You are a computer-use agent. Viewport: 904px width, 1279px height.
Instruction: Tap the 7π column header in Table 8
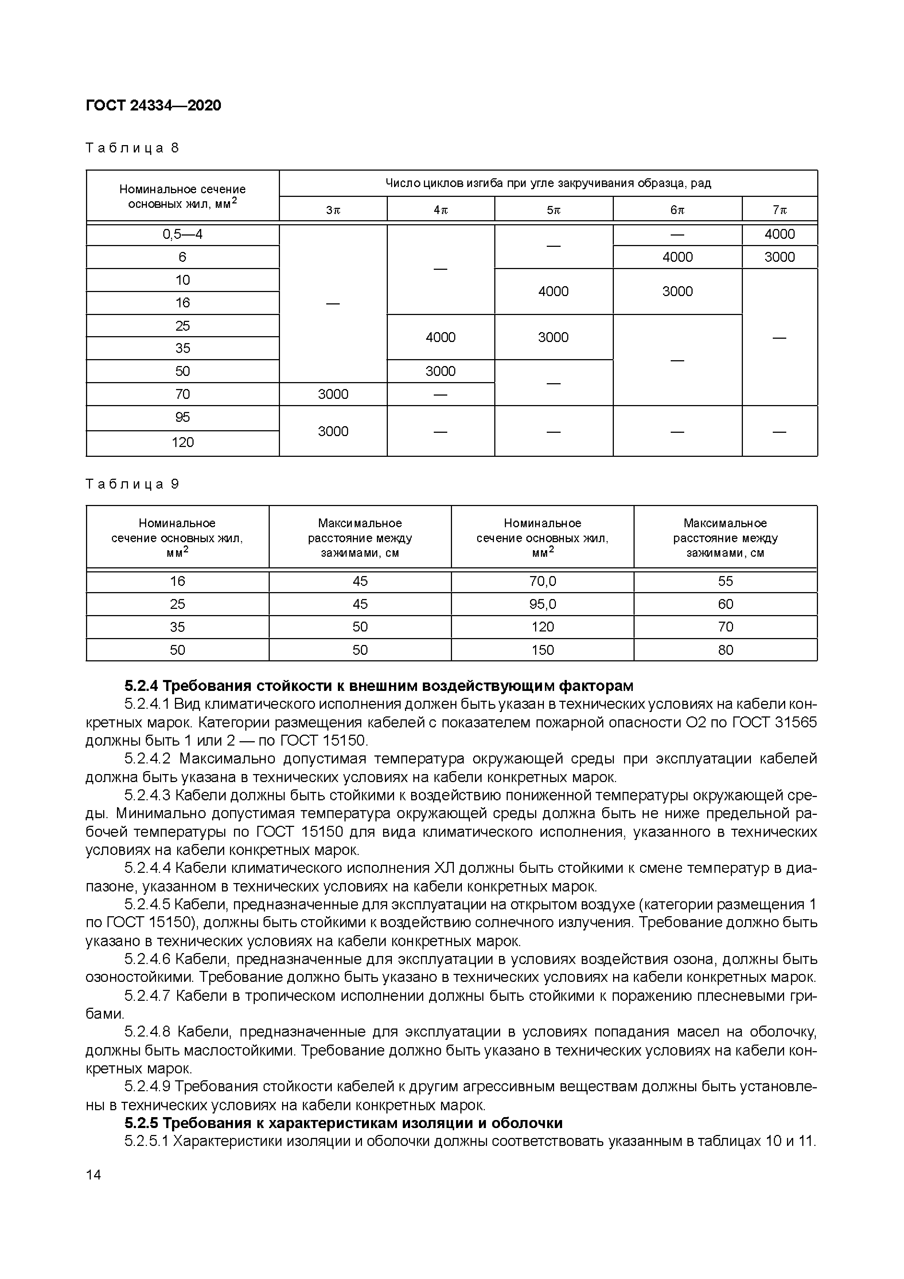(779, 210)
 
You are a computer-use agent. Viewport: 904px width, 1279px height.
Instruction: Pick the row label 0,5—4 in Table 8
(182, 234)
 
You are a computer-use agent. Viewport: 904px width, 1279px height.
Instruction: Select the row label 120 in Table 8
(182, 442)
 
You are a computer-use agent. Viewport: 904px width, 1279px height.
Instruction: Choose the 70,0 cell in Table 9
(542, 582)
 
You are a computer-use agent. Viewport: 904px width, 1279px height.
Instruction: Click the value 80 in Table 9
(725, 650)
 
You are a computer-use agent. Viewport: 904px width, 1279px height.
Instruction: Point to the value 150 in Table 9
(542, 650)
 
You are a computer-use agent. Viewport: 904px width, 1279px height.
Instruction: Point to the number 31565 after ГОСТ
(796, 723)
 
